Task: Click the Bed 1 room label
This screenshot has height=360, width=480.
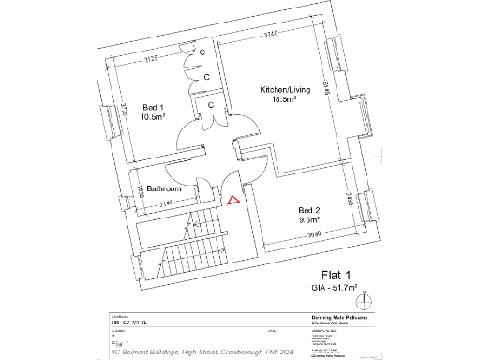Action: point(153,107)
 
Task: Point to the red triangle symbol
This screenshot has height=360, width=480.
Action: point(232,197)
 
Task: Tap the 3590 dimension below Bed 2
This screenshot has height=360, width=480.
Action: point(310,233)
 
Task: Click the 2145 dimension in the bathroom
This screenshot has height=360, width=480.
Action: point(166,203)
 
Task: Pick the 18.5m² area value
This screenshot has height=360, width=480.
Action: point(284,99)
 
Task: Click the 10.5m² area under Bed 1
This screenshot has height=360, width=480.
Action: point(153,117)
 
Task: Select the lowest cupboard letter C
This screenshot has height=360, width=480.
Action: point(212,105)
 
